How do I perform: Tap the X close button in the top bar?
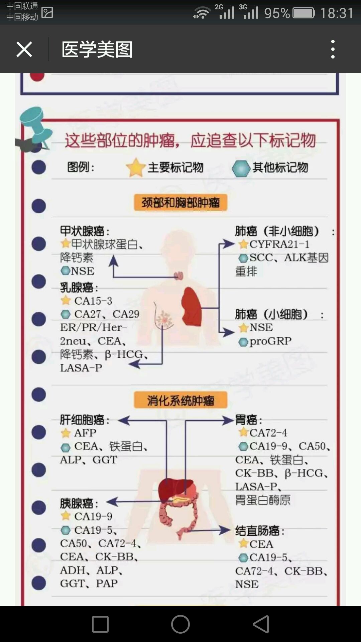click(24, 49)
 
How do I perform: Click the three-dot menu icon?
click(333, 49)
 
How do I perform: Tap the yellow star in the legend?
click(135, 167)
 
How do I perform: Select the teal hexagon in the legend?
click(241, 168)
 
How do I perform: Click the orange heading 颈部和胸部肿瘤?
click(180, 203)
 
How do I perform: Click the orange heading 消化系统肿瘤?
click(180, 400)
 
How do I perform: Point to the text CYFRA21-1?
click(279, 244)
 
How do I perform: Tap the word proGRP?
click(270, 341)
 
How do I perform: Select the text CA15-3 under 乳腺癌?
click(93, 301)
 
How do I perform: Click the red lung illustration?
click(192, 306)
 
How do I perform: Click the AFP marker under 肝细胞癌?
click(85, 433)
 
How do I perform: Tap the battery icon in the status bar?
click(304, 13)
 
